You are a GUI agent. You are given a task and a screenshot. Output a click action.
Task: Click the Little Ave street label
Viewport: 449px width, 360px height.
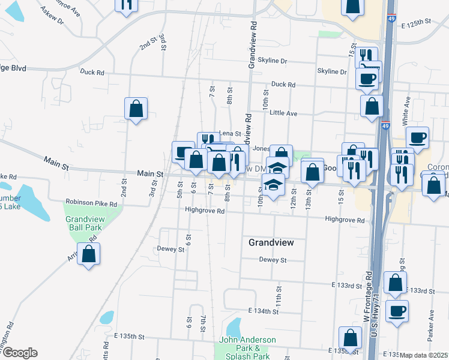tap(283, 113)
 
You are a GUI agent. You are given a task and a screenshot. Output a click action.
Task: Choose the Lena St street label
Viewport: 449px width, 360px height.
tap(230, 133)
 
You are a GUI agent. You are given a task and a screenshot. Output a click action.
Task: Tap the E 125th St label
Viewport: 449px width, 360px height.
tap(417, 22)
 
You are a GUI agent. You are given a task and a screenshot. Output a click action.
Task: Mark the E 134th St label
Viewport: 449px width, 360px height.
tap(264, 311)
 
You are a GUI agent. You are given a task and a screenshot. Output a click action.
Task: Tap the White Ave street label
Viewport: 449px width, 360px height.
tap(406, 113)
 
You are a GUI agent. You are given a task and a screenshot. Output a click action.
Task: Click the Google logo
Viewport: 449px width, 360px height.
tap(19, 353)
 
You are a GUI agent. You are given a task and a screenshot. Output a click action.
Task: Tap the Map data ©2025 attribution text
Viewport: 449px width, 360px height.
tap(424, 355)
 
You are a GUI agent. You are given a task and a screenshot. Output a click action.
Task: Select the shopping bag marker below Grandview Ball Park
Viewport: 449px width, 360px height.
tap(89, 254)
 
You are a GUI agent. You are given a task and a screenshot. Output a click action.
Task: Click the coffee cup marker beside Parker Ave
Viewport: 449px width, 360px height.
tap(397, 311)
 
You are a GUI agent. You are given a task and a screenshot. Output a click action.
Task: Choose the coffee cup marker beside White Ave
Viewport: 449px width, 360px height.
tap(417, 138)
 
